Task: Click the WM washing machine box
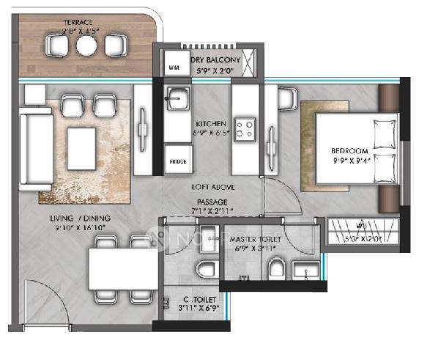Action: tap(174, 66)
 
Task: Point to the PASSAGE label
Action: tap(211, 201)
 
